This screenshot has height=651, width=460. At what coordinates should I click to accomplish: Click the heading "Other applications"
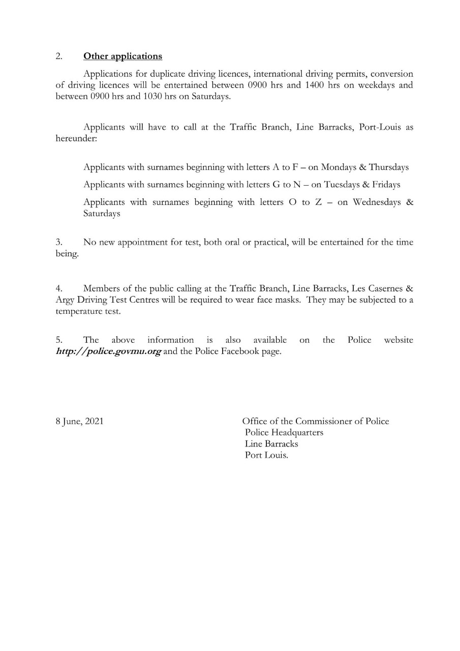(x=122, y=56)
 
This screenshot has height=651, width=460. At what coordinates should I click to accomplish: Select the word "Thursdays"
(x=389, y=167)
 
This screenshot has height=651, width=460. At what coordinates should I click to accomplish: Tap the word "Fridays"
(x=386, y=185)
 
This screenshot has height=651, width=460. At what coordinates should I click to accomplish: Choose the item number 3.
(x=58, y=243)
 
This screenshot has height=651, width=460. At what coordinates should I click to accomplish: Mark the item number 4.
(x=58, y=289)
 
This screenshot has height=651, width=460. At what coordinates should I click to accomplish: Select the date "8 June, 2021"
(x=79, y=421)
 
